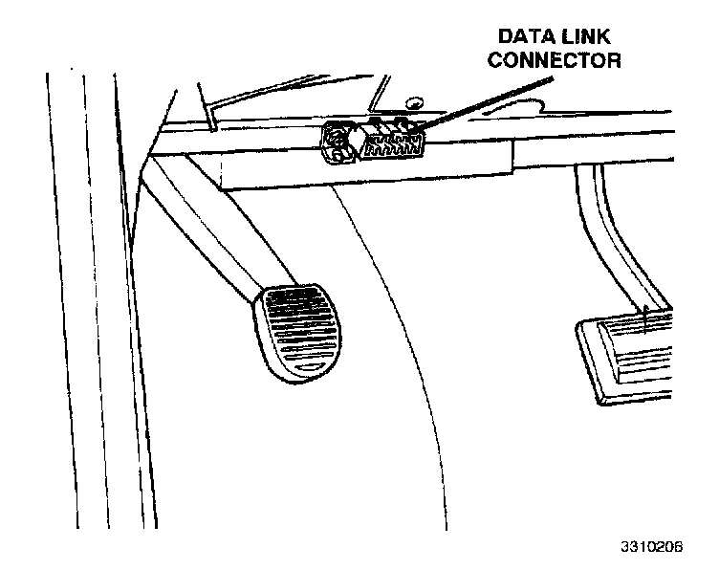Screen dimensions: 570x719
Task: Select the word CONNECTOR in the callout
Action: coord(556,60)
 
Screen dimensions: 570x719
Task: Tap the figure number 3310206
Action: coord(649,548)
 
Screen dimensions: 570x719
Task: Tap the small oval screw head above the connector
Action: coord(413,100)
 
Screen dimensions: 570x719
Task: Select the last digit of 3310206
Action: coord(678,548)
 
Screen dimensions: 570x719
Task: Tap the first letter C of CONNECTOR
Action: coord(496,60)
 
